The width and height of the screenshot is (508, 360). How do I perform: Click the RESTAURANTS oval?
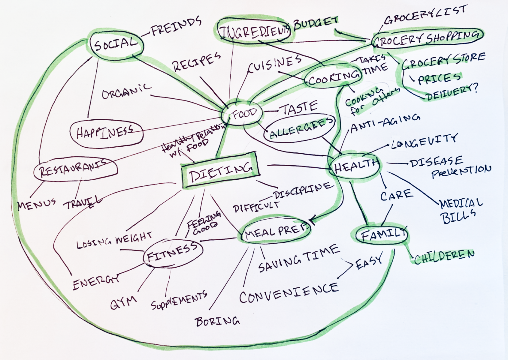point(75,169)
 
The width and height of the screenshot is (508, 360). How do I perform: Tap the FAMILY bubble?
point(382,235)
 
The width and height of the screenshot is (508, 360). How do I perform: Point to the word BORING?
point(217,322)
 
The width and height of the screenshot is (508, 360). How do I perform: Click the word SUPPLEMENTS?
point(179,300)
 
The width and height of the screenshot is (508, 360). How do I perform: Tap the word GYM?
point(123,303)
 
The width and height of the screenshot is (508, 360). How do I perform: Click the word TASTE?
point(298,108)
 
